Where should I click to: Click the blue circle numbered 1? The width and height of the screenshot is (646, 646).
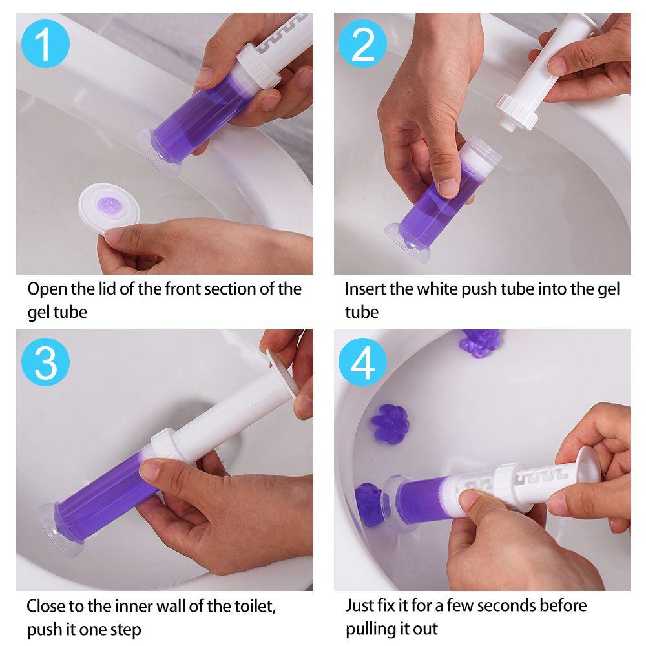(x=45, y=44)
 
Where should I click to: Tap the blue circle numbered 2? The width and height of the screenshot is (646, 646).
(x=362, y=44)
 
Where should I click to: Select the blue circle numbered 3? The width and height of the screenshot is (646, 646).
(x=45, y=362)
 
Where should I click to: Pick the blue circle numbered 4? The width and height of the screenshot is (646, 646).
(x=362, y=362)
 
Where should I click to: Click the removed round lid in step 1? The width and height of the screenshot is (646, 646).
(x=109, y=209)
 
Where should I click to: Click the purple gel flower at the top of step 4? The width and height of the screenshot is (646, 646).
(x=480, y=341)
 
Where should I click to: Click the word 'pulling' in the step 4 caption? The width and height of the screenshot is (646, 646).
(x=370, y=630)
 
